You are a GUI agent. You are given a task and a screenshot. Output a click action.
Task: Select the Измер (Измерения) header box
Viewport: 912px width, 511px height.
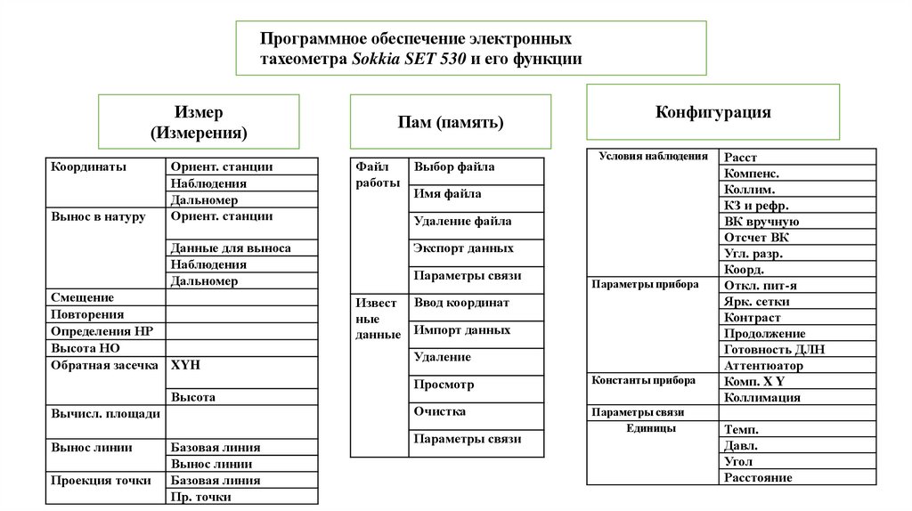(x=198, y=123)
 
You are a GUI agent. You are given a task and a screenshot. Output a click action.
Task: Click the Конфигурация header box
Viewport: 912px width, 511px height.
(x=712, y=112)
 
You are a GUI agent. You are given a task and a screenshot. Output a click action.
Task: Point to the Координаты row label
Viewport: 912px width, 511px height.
(x=88, y=166)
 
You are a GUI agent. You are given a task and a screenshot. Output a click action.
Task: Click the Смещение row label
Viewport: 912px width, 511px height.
(x=82, y=297)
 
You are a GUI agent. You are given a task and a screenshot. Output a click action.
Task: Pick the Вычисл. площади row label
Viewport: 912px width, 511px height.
(x=105, y=414)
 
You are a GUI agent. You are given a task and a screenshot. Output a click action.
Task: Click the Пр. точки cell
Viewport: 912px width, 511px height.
(x=200, y=497)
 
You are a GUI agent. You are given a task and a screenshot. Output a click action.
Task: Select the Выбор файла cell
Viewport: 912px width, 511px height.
(x=454, y=166)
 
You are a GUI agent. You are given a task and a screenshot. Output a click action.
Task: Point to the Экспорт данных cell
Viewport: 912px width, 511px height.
(x=463, y=248)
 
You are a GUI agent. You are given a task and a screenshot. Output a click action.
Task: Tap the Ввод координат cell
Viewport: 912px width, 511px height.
(x=461, y=303)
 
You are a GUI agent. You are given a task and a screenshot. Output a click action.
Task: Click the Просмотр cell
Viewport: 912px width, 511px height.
(x=444, y=385)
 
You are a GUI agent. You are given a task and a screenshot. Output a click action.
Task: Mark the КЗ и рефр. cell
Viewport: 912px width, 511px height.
(x=757, y=206)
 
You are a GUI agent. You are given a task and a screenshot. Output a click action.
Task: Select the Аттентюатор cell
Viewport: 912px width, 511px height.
(x=764, y=365)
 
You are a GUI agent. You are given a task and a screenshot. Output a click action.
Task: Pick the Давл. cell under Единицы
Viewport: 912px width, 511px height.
(x=741, y=445)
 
